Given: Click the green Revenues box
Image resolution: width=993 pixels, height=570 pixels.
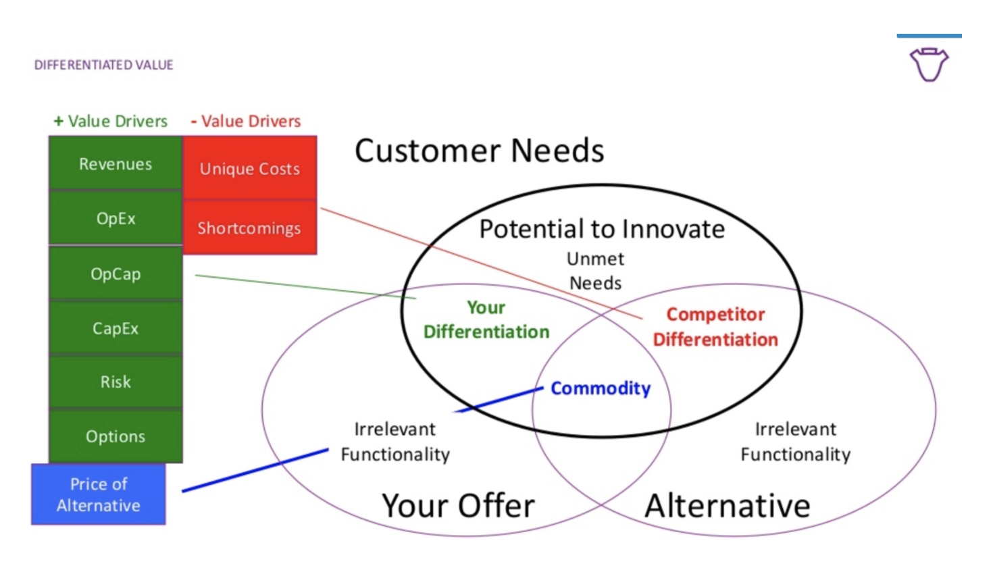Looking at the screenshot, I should pyautogui.click(x=116, y=163).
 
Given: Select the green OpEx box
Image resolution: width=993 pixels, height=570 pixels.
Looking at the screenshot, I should pyautogui.click(x=116, y=218).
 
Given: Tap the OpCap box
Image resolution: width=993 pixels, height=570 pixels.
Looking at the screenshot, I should pyautogui.click(x=116, y=274).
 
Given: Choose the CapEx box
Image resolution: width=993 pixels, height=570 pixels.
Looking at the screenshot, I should pyautogui.click(x=116, y=328).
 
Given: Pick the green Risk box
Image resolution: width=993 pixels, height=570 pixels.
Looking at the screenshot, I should pyautogui.click(x=116, y=382).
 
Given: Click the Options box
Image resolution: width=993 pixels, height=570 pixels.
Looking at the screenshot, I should pyautogui.click(x=116, y=436).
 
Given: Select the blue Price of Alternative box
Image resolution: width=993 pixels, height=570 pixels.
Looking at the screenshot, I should pyautogui.click(x=99, y=494).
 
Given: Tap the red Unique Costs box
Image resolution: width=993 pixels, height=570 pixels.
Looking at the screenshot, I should pyautogui.click(x=250, y=168).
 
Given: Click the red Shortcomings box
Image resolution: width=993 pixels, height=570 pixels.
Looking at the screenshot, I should pyautogui.click(x=249, y=228).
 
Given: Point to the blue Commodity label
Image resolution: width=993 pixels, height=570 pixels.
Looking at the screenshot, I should pyautogui.click(x=601, y=388).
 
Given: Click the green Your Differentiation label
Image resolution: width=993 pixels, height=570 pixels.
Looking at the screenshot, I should pyautogui.click(x=486, y=319).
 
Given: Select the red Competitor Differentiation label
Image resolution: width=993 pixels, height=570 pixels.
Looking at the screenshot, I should pyautogui.click(x=715, y=327).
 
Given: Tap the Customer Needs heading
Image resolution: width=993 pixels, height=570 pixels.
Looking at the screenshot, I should pyautogui.click(x=480, y=151).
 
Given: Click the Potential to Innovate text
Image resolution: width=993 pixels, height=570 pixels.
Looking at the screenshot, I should pyautogui.click(x=602, y=229).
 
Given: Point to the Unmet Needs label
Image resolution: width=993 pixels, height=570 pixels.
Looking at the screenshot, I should pyautogui.click(x=595, y=271).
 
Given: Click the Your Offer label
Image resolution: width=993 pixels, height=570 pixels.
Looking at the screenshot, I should pyautogui.click(x=458, y=505).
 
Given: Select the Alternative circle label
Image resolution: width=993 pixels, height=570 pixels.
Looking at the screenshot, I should pyautogui.click(x=728, y=505).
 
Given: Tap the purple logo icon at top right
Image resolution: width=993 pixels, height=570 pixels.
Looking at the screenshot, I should pyautogui.click(x=929, y=64).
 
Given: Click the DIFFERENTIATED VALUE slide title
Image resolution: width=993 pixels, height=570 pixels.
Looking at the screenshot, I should pyautogui.click(x=104, y=65).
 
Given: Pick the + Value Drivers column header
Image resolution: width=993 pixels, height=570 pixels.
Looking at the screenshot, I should pyautogui.click(x=111, y=121).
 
